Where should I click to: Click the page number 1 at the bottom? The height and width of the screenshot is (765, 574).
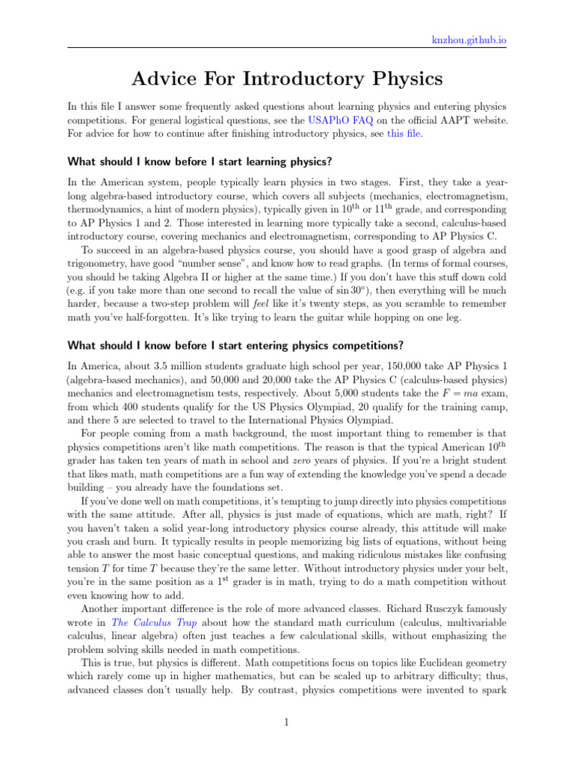click(287, 721)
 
